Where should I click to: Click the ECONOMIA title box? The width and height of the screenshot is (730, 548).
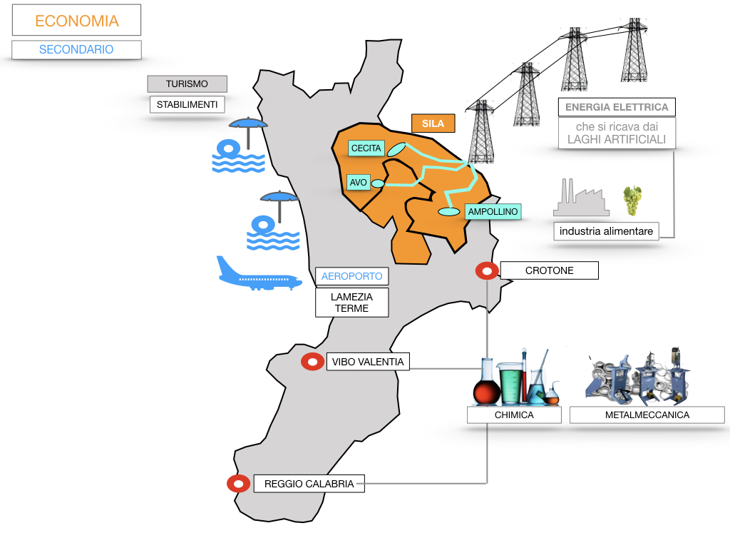click(x=76, y=21)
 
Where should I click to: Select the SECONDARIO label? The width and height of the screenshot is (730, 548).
click(x=76, y=49)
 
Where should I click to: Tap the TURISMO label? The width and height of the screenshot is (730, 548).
click(x=187, y=84)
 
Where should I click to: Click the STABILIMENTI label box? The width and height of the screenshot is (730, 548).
click(x=187, y=104)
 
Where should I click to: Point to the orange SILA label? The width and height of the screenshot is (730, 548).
click(x=433, y=123)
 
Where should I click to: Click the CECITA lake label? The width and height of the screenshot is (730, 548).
click(x=366, y=148)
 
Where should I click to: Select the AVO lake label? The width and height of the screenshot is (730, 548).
click(x=359, y=183)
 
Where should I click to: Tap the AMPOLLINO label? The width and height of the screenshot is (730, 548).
click(x=493, y=211)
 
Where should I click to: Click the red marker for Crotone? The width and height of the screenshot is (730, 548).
click(x=487, y=270)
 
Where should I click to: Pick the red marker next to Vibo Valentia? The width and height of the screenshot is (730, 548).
click(x=312, y=362)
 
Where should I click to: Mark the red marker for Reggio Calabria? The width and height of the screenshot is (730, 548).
click(x=237, y=483)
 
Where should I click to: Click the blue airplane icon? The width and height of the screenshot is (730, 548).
click(x=258, y=275)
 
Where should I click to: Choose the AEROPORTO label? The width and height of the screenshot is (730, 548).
click(x=351, y=276)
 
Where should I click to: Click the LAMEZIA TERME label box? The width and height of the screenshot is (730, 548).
click(x=351, y=303)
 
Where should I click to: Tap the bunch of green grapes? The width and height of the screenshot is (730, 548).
click(x=632, y=200)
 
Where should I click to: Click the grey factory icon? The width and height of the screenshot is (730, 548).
click(x=581, y=199)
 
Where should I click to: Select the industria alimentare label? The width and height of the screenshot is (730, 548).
click(x=607, y=231)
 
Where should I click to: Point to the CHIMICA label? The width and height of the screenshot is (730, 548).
click(x=514, y=415)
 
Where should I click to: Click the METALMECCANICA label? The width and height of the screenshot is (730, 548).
click(x=647, y=415)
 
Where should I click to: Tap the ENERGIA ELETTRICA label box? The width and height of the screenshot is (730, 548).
click(x=617, y=107)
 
